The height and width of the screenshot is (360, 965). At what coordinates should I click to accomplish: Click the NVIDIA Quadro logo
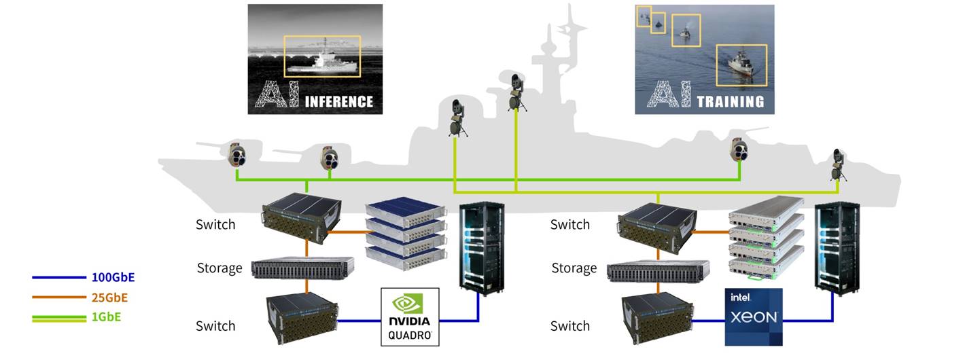(410, 317)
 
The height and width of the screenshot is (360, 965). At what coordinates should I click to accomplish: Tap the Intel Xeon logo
(753, 317)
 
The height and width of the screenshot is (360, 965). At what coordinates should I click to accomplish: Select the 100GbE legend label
(113, 277)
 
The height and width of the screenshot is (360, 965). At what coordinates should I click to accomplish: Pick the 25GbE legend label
(109, 298)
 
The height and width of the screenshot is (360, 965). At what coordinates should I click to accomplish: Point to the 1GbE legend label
(107, 317)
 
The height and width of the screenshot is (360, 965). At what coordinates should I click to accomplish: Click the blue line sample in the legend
(58, 278)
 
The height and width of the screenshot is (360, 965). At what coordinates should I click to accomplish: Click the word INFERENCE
(338, 102)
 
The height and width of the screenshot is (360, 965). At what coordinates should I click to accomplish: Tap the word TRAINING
(730, 102)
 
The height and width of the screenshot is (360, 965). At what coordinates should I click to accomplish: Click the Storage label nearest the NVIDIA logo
(220, 268)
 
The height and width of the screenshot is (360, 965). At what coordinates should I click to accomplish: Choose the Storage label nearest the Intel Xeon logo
(574, 268)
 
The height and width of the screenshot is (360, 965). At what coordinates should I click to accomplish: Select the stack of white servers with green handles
(765, 238)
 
